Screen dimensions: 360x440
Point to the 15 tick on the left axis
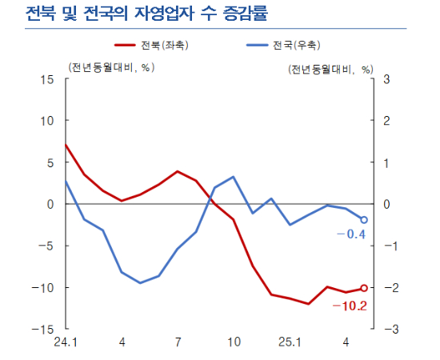[x=47, y=79]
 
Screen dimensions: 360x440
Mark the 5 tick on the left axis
[x=50, y=162]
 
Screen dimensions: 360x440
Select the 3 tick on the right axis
[x=388, y=79]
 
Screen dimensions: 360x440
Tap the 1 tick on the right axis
[x=388, y=162]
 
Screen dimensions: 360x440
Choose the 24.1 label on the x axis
[x=66, y=344]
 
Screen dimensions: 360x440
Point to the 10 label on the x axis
[x=233, y=344]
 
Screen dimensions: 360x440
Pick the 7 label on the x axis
[x=177, y=344]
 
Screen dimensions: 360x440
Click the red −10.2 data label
[x=350, y=306]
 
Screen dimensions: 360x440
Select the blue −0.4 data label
[x=350, y=234]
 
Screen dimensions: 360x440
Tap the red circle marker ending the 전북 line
[x=364, y=288]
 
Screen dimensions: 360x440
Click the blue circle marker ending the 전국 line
[x=364, y=219]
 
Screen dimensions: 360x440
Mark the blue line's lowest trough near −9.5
[x=140, y=282]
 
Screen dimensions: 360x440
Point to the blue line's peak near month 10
[x=233, y=177]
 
